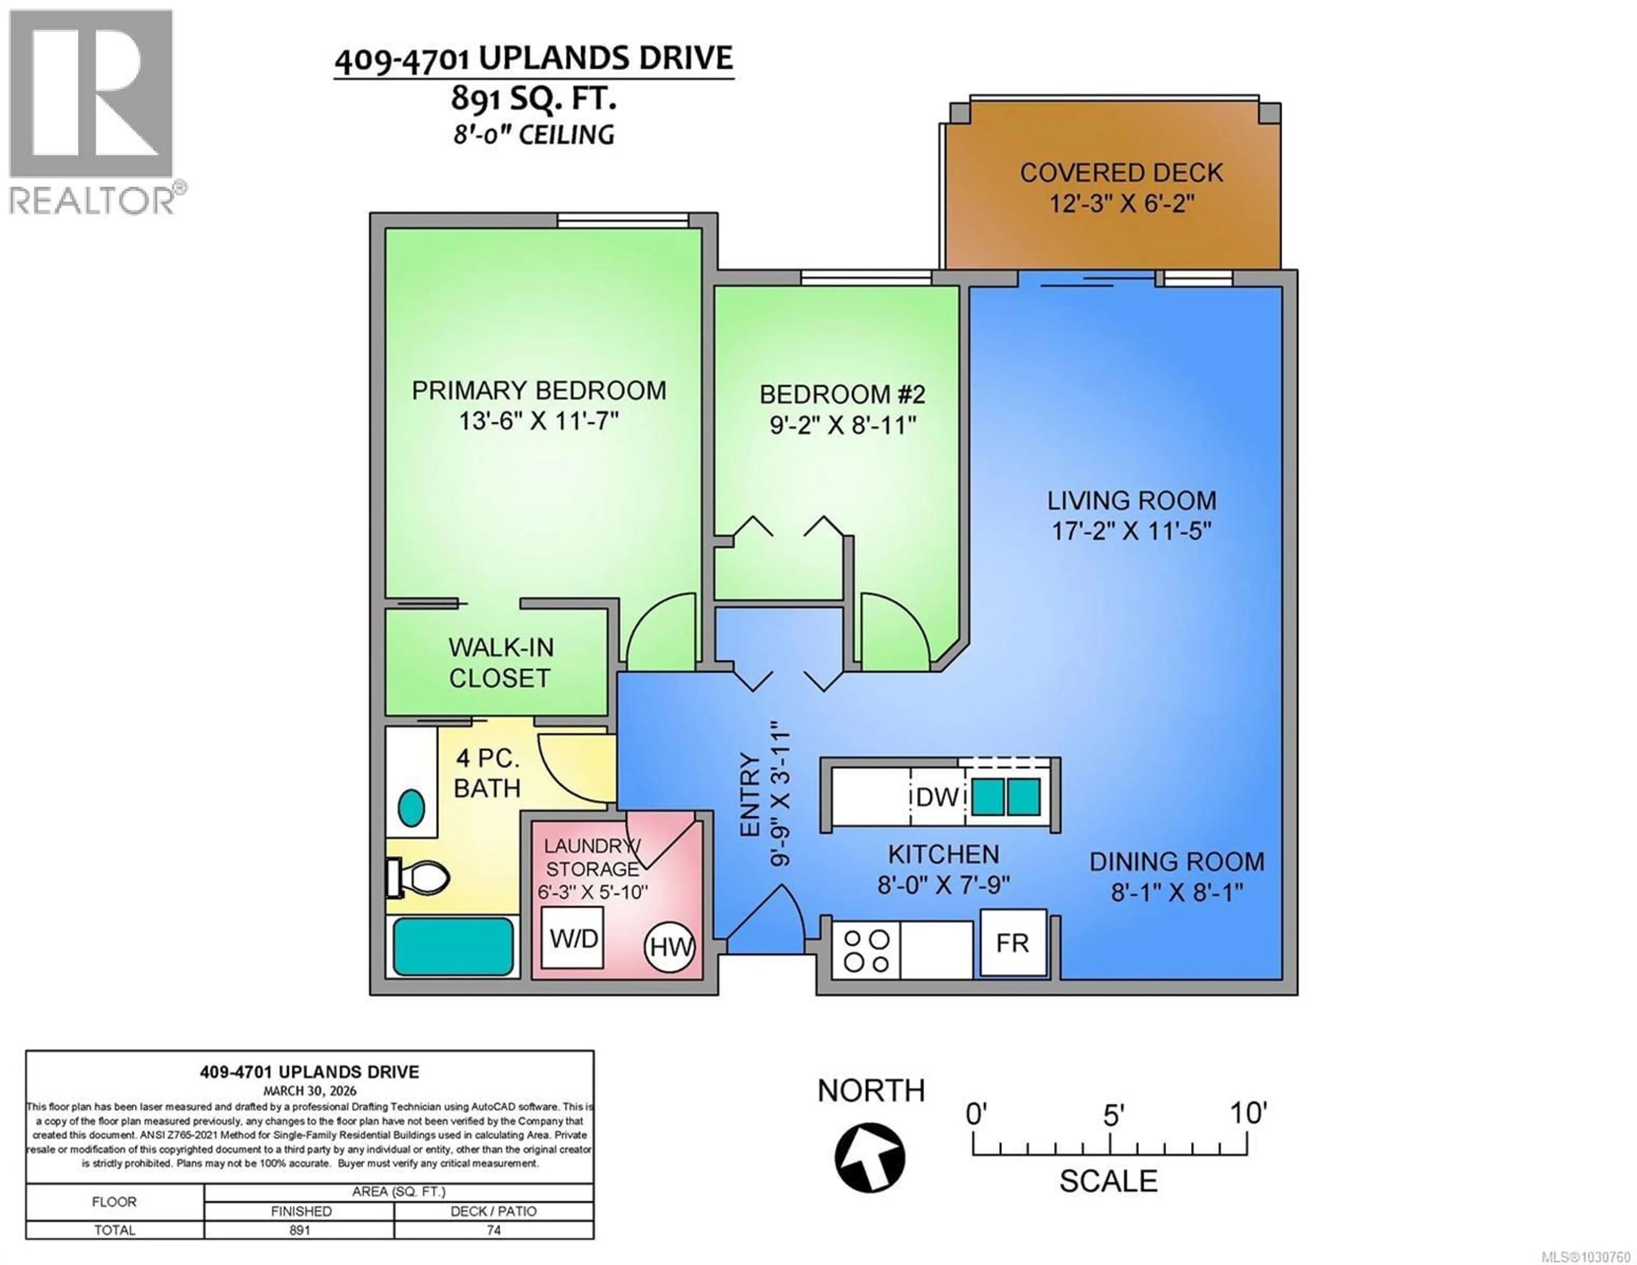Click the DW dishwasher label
pyautogui.click(x=937, y=797)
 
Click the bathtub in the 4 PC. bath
pyautogui.click(x=453, y=947)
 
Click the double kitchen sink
pyautogui.click(x=1006, y=796)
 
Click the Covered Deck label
pyautogui.click(x=1121, y=173)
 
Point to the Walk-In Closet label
pyautogui.click(x=500, y=662)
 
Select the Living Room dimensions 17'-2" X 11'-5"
pyautogui.click(x=1131, y=531)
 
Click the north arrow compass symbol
pyautogui.click(x=870, y=1157)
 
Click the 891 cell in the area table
pyautogui.click(x=299, y=1230)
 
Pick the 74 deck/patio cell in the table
pyautogui.click(x=493, y=1230)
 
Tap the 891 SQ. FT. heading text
pyautogui.click(x=534, y=98)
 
